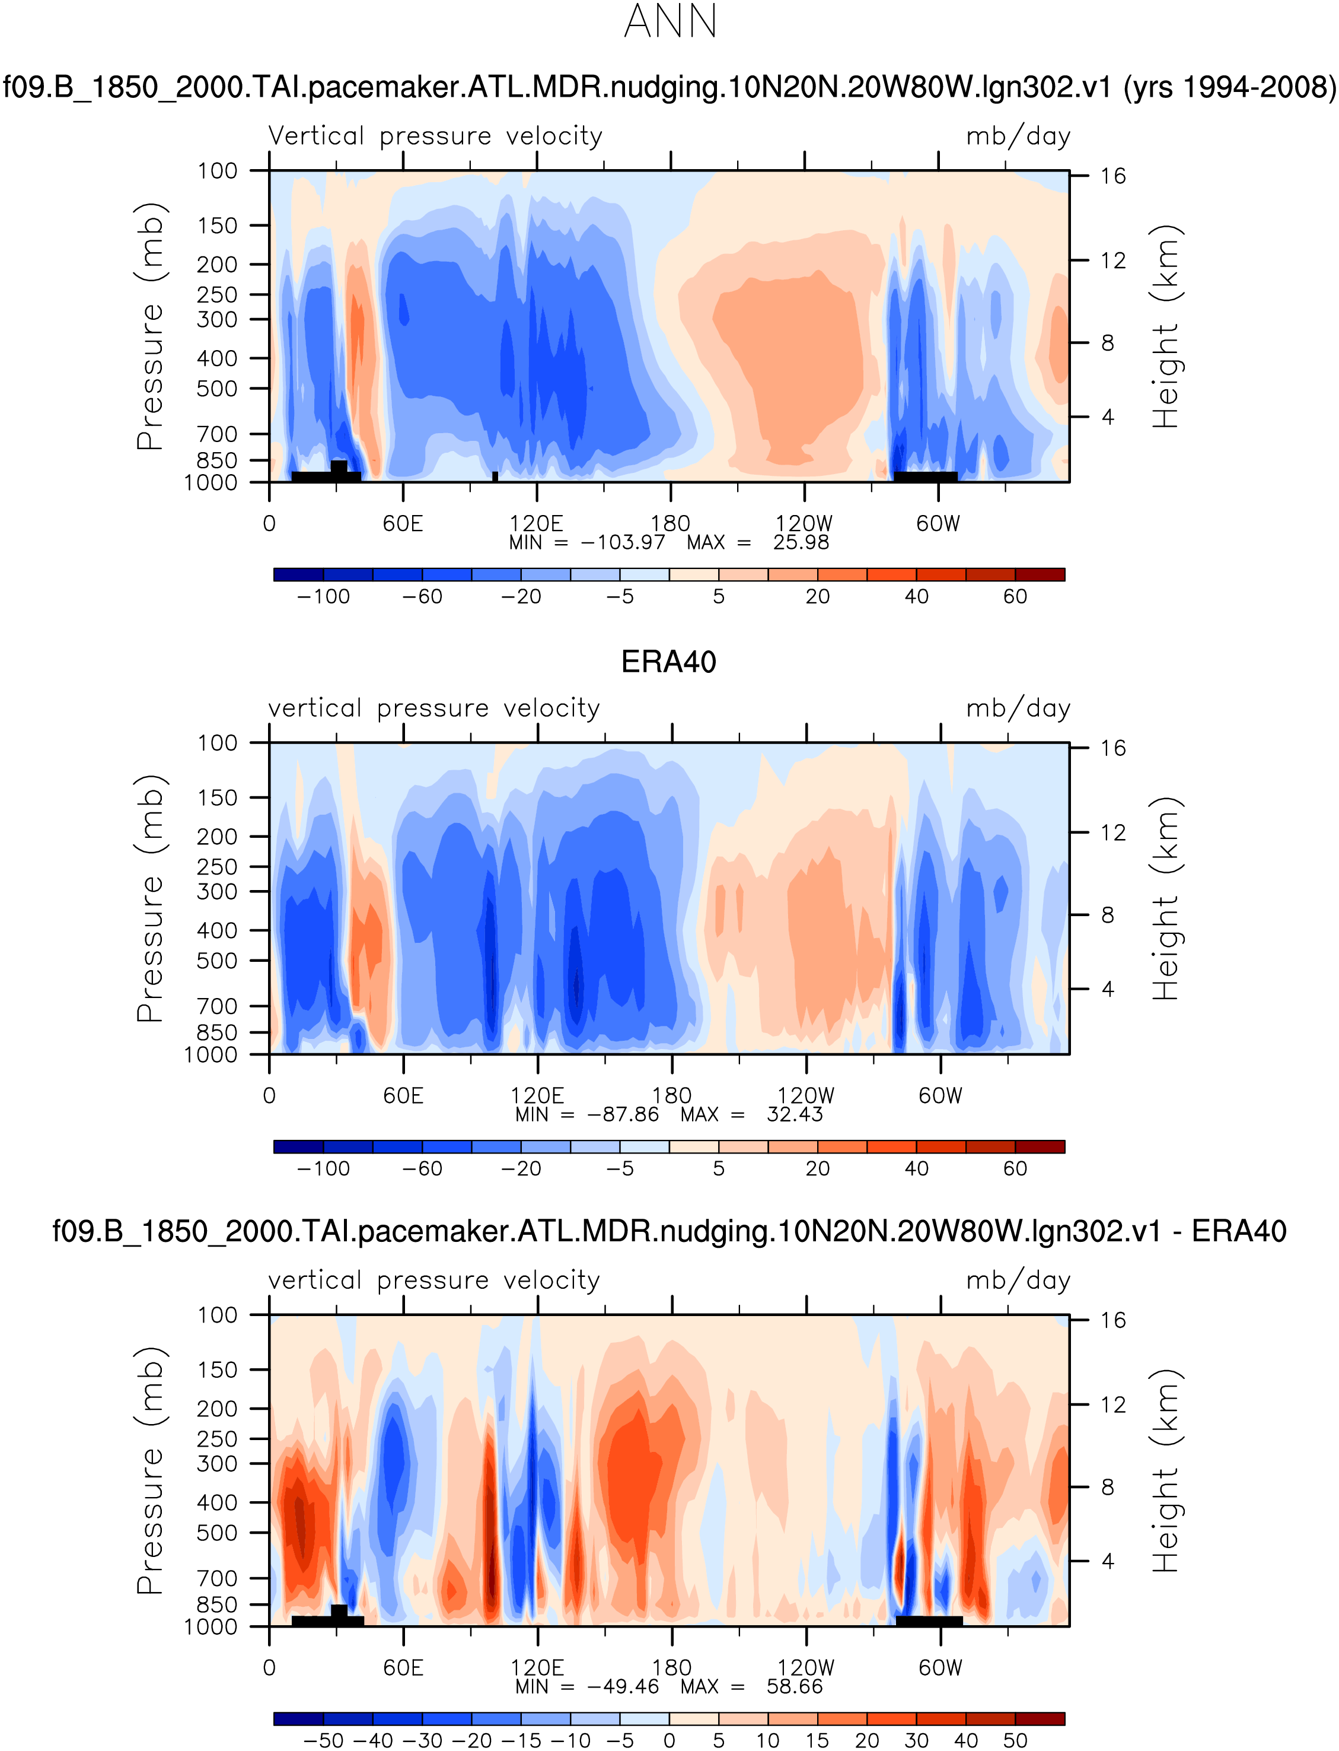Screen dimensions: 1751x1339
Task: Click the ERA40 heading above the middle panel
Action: click(x=669, y=662)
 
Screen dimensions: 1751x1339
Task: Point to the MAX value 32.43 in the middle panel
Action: click(x=795, y=1115)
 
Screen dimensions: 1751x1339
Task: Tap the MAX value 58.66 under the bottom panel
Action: click(x=795, y=1686)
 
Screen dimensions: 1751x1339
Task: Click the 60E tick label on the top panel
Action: click(x=403, y=524)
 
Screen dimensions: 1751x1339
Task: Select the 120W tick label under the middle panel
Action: click(x=806, y=1095)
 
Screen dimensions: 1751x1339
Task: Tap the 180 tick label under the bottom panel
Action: click(x=671, y=1668)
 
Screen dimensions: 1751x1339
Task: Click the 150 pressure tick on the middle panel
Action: click(x=217, y=798)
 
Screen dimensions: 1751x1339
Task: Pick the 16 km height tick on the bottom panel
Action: click(x=1112, y=1320)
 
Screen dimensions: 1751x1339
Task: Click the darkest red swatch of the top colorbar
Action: click(x=1040, y=575)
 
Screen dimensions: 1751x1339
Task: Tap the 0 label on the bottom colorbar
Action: click(x=669, y=1741)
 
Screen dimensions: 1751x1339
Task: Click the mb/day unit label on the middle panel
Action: click(x=1018, y=708)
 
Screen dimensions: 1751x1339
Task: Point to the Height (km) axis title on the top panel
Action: click(x=1165, y=327)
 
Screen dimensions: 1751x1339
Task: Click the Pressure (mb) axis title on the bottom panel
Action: click(x=150, y=1471)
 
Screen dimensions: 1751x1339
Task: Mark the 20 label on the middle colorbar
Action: click(x=818, y=1169)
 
